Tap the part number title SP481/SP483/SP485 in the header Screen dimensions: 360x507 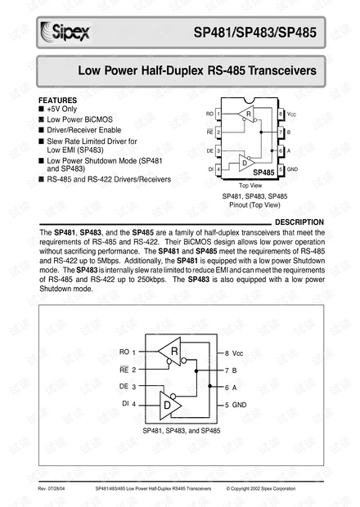point(256,34)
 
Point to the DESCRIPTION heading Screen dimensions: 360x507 point(299,222)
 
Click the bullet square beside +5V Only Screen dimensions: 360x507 point(42,109)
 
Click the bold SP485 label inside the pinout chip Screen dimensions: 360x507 point(263,173)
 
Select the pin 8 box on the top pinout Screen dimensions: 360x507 point(281,113)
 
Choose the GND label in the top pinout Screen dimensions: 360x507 point(293,168)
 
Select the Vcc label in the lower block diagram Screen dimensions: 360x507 point(238,352)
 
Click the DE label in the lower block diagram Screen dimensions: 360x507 point(124,386)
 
